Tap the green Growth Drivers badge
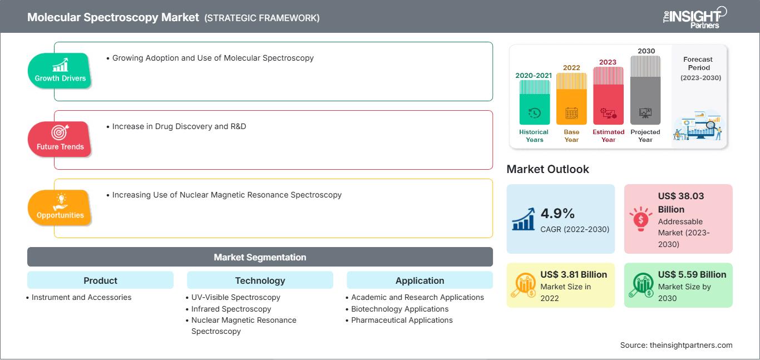pos(60,71)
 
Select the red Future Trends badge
pos(60,139)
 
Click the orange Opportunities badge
pos(60,208)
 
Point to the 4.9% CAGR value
pos(557,214)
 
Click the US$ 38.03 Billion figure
pos(681,203)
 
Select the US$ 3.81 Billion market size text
pos(574,274)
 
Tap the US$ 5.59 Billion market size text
pos(692,274)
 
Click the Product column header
pos(101,280)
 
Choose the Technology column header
pos(260,280)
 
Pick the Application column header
pos(420,280)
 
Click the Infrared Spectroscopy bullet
pos(229,309)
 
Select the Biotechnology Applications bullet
pos(397,309)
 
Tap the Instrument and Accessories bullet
pos(79,297)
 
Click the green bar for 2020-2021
pos(534,102)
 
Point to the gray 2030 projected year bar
pos(645,90)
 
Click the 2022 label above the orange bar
pos(571,67)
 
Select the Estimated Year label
pos(608,136)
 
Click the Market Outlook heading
pos(547,169)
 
